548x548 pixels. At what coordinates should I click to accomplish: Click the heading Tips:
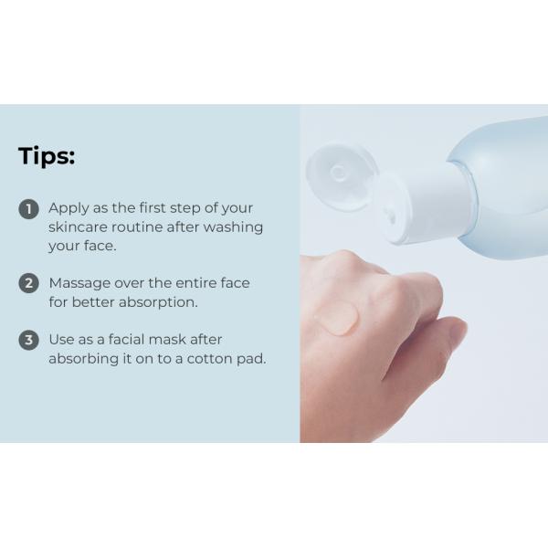click(x=47, y=156)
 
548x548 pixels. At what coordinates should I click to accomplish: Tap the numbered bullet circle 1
click(x=29, y=209)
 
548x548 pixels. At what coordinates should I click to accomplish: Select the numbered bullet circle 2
click(x=29, y=283)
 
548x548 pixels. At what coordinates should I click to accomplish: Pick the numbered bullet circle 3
click(x=29, y=340)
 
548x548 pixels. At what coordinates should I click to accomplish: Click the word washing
click(x=234, y=227)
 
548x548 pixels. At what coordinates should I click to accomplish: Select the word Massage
click(x=79, y=283)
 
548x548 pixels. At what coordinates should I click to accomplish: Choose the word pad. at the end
click(x=251, y=359)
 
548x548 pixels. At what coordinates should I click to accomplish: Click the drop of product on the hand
click(x=336, y=317)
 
